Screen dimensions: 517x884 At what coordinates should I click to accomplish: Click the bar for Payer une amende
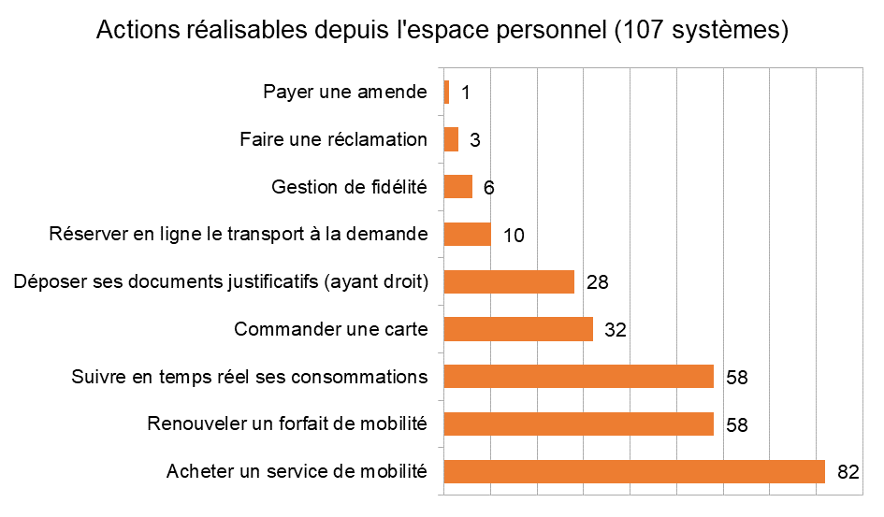coord(446,93)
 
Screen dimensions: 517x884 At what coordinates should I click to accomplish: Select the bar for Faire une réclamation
coord(451,139)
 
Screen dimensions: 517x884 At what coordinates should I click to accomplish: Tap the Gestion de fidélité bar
coord(457,187)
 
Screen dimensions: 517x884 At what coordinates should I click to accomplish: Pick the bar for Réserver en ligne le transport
coord(467,235)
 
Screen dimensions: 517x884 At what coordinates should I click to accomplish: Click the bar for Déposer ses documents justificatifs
coord(509,281)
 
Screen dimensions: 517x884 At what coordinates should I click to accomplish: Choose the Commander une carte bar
coord(518,329)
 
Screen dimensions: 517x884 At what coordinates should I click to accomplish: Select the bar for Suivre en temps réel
coord(578,377)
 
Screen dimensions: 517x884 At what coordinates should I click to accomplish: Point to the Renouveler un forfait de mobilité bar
coord(578,424)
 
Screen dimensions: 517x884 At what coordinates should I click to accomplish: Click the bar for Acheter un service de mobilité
coord(634,471)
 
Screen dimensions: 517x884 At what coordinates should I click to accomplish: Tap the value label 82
coord(848,472)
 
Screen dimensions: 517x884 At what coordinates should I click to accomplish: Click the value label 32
coord(615,330)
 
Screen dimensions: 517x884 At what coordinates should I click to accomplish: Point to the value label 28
coord(596,282)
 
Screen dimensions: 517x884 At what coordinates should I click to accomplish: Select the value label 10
coord(513,236)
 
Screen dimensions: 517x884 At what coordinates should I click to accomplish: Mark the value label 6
coord(488,188)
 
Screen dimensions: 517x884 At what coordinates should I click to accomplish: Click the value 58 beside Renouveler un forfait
coord(735,424)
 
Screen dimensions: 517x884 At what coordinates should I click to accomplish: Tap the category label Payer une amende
coord(344,93)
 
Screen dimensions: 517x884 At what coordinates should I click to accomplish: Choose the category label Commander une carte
coord(330,329)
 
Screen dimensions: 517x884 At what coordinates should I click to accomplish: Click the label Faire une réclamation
coord(333,139)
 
